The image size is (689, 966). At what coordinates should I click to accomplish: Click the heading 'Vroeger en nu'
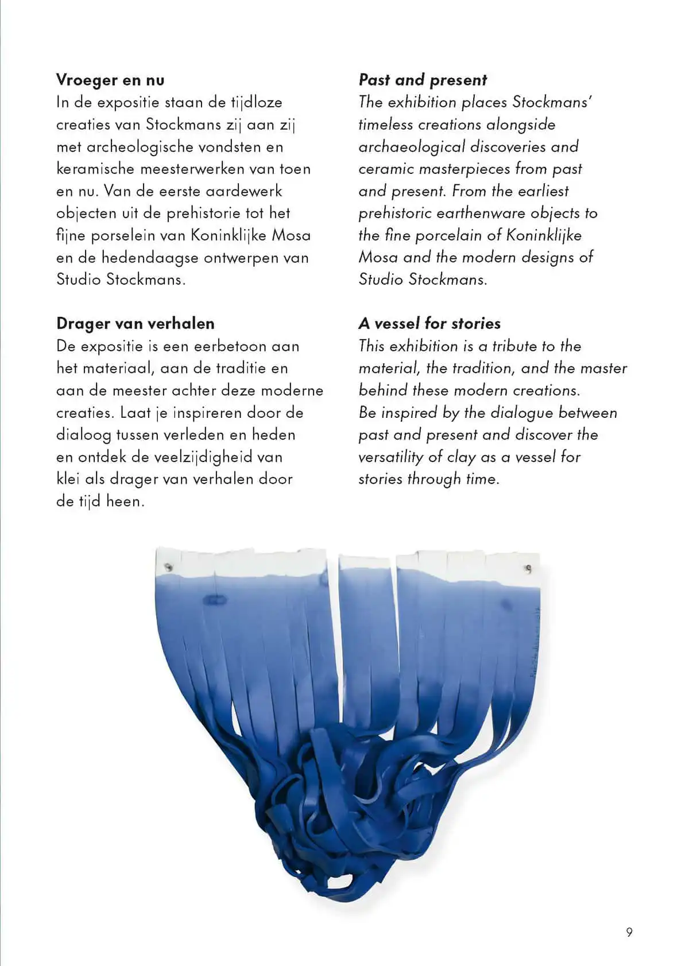coord(110,80)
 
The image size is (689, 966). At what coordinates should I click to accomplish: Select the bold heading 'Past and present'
coord(423,80)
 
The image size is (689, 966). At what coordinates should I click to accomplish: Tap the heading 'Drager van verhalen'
coord(136,324)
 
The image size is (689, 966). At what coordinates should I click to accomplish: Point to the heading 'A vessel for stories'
coord(429,324)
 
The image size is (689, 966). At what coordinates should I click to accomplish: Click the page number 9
coord(629,932)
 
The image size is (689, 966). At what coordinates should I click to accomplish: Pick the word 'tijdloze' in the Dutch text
coord(257,103)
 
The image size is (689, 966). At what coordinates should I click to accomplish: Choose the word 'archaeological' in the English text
coord(411,147)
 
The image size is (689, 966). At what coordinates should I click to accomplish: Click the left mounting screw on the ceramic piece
coord(168,568)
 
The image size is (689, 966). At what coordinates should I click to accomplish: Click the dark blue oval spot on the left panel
coord(215,600)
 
